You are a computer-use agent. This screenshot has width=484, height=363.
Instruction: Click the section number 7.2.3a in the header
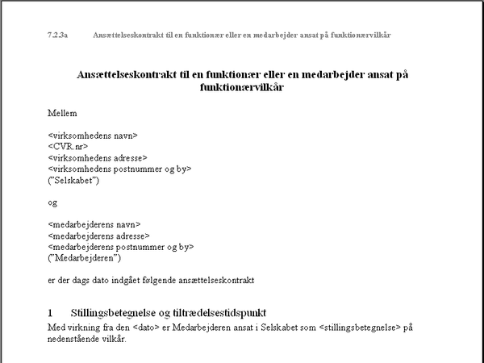[58, 35]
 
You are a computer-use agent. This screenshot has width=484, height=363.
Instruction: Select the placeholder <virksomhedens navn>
[94, 136]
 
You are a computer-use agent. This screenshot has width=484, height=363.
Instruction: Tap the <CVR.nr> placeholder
[68, 147]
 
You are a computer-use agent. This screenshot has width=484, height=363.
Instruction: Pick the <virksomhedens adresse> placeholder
[98, 158]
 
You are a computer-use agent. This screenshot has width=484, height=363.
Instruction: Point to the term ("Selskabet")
[73, 181]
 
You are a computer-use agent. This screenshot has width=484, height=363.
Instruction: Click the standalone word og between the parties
[53, 203]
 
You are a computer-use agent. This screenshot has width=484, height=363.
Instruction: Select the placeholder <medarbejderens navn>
[94, 224]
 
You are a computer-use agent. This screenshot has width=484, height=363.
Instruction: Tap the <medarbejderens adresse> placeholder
[99, 236]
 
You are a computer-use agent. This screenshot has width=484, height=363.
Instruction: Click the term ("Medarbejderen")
[84, 258]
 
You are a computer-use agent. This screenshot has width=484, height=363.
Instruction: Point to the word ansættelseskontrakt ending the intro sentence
[214, 281]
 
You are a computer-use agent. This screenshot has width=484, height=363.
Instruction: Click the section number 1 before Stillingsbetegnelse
[51, 312]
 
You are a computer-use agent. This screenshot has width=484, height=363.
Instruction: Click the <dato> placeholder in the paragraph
[131, 327]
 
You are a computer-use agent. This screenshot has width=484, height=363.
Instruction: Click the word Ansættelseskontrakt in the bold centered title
[134, 74]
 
